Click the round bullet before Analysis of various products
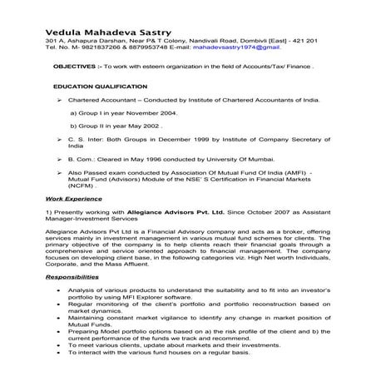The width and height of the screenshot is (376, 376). [x=56, y=289]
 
